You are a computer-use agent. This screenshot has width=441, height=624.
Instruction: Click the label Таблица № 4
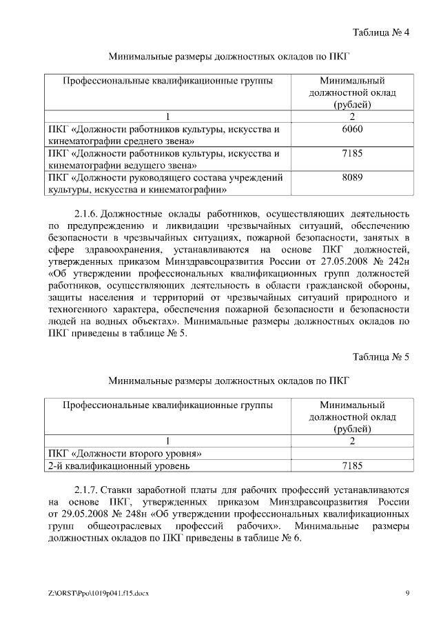click(380, 32)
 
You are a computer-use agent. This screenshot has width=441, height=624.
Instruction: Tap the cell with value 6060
click(351, 129)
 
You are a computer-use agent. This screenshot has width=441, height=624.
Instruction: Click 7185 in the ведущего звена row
click(351, 153)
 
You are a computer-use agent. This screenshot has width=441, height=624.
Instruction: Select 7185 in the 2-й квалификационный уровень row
click(351, 466)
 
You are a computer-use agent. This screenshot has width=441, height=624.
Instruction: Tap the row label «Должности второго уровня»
click(124, 453)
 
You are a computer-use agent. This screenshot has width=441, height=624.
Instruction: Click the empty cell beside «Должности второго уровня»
click(351, 453)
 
